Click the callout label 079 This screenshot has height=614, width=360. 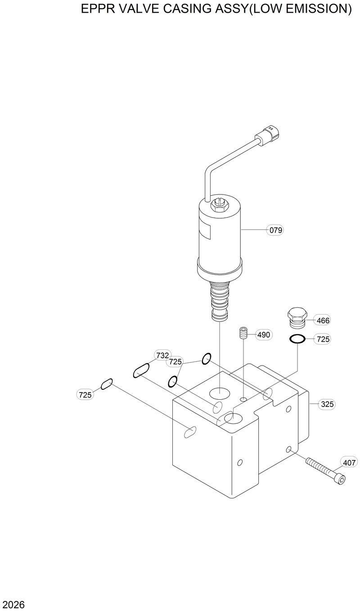[x=276, y=230]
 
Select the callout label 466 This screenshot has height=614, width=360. [x=323, y=321]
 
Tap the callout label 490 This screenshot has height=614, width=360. [x=264, y=334]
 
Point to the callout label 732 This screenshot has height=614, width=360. [x=162, y=356]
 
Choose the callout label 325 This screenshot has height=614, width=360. [x=327, y=404]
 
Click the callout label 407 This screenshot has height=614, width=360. [x=349, y=462]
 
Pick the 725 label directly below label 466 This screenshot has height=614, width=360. [x=323, y=339]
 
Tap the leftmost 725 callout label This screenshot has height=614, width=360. [x=85, y=395]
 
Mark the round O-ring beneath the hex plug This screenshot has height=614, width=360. [x=297, y=339]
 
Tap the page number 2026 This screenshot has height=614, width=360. [x=13, y=604]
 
